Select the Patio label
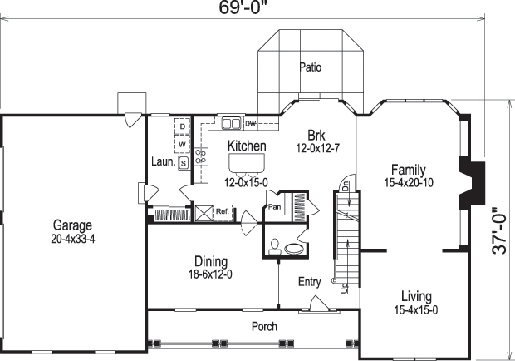pos(310,67)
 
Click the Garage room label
pos(73,225)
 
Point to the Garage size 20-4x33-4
pos(73,238)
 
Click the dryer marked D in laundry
pos(183,126)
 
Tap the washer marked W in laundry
pos(183,145)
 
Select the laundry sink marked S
pos(183,163)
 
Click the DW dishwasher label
pos(249,123)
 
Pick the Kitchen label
pos(247,146)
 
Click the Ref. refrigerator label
pos(222,212)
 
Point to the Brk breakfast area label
pos(315,136)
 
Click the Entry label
pos(309,283)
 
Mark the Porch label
pos(264,327)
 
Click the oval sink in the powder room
pos(292,248)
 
